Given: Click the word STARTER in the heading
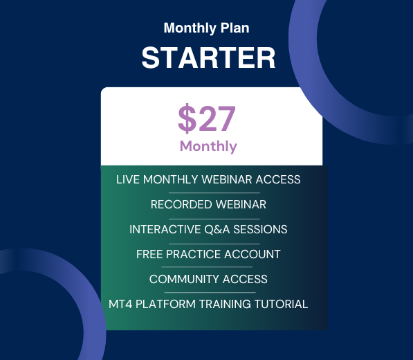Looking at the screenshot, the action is tap(208, 57).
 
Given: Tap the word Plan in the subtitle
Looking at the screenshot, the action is tap(235, 28).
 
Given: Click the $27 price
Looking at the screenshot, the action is tap(207, 118).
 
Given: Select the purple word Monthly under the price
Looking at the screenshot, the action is tap(208, 147).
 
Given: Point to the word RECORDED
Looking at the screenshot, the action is tap(181, 204).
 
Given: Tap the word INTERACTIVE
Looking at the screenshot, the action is tap(165, 229).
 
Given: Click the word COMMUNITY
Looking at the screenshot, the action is tap(184, 279).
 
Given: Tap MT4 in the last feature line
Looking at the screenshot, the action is tap(120, 304).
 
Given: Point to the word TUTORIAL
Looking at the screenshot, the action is tap(281, 304).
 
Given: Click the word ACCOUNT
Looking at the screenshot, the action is tap(252, 254).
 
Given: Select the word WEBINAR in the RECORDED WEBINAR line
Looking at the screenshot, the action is tap(241, 204).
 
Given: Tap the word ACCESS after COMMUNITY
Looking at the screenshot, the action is tap(245, 279).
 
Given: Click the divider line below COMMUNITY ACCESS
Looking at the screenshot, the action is tap(210, 292).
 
